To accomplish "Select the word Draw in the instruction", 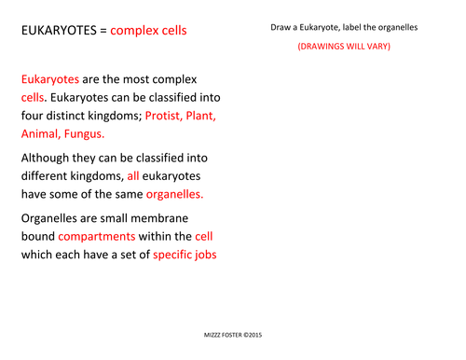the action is click(x=281, y=27).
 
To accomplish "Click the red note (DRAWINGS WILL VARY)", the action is click(x=344, y=46).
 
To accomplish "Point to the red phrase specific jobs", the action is click(x=185, y=254).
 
